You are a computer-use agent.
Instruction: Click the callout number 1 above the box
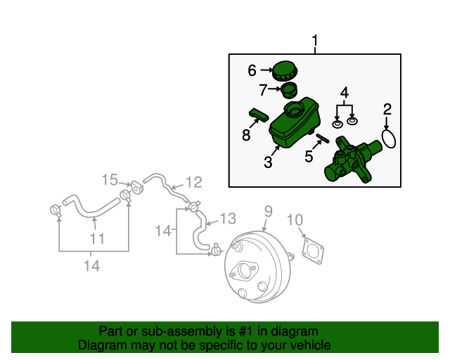(314, 41)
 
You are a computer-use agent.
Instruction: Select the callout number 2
(387, 109)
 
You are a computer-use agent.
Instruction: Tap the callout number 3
(268, 163)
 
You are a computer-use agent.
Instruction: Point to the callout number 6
(252, 70)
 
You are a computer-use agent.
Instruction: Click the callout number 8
(246, 135)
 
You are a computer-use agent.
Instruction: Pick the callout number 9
(268, 211)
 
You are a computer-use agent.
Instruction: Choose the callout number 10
(296, 221)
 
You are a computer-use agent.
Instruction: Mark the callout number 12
(193, 183)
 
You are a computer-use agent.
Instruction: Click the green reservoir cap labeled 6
(285, 71)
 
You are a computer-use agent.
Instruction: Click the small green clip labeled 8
(258, 113)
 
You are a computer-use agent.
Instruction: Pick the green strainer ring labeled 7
(288, 90)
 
